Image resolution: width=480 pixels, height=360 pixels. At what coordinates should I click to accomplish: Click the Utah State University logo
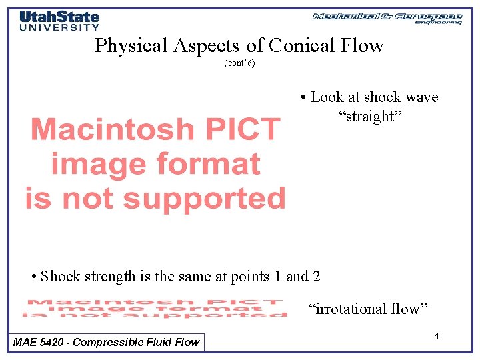coord(59,20)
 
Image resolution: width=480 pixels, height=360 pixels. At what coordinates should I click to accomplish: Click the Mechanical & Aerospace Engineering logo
coord(387,17)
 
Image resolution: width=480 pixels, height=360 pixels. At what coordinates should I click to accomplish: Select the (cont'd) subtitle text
coord(239,64)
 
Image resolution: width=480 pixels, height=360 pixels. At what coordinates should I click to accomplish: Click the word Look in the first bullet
coord(327,97)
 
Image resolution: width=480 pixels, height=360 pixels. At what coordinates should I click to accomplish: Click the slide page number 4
coord(436,336)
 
